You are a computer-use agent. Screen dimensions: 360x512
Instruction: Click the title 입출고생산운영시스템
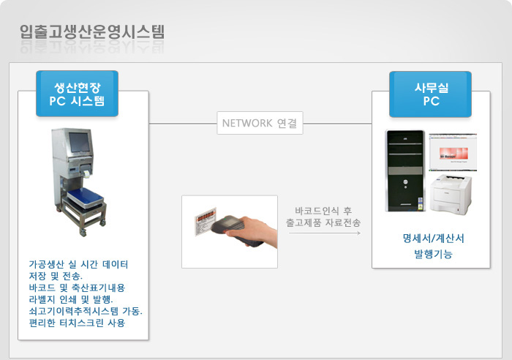(x=92, y=32)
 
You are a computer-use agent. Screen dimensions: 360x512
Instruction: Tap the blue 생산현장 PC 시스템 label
(x=77, y=94)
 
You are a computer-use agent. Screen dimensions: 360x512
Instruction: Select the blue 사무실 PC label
(x=430, y=94)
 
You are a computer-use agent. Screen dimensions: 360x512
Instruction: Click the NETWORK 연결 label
(x=260, y=123)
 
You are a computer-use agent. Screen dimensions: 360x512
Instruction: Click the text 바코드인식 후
(x=323, y=211)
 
